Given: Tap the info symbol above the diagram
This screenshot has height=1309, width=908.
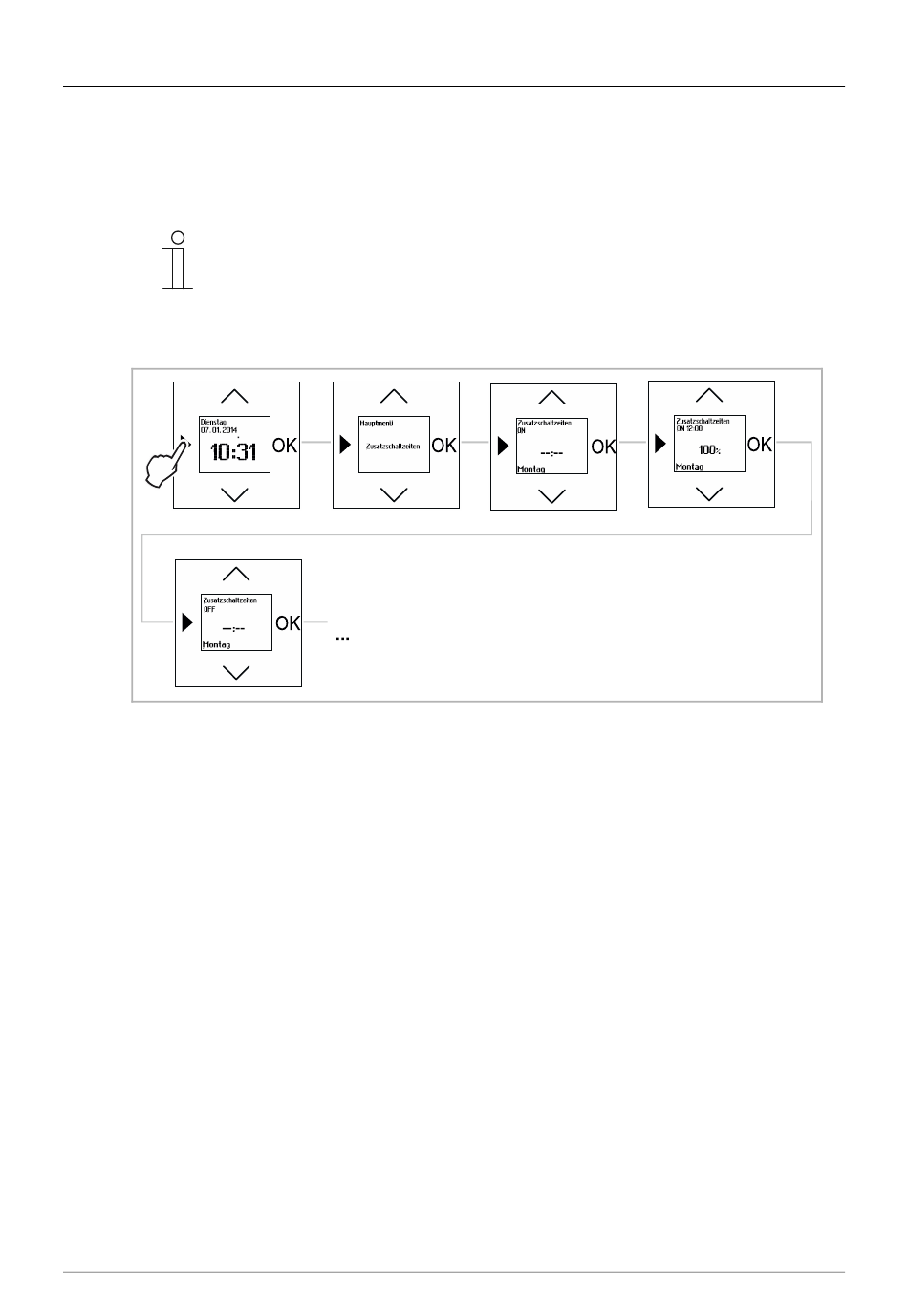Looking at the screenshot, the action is click(177, 260).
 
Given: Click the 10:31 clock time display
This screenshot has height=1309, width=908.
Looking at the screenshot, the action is click(234, 451).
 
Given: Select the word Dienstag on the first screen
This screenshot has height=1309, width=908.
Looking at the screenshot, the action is click(214, 422).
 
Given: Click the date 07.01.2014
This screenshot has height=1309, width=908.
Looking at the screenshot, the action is click(219, 430).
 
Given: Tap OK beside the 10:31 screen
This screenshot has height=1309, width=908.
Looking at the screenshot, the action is click(286, 445).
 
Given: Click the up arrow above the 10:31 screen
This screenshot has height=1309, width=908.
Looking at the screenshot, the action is click(234, 396).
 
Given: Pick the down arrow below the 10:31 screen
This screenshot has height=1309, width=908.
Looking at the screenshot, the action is click(234, 494).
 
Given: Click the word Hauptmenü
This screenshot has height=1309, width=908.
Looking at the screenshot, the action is click(377, 423).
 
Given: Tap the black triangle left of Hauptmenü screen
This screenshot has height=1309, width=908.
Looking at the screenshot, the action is click(345, 446).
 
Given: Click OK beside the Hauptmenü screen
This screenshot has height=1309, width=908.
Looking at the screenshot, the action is click(444, 446).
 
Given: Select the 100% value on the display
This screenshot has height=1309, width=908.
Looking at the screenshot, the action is click(708, 449).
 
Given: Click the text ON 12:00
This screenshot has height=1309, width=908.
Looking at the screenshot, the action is click(689, 429).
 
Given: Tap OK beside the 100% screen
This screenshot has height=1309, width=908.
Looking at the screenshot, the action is click(760, 444).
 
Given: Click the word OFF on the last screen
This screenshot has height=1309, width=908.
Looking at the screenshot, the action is click(210, 609).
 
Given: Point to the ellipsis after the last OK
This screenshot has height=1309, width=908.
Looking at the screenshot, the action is click(342, 637).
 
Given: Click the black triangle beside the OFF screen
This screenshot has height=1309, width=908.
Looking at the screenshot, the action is click(187, 622).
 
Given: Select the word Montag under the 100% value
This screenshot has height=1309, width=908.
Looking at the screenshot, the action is click(689, 468).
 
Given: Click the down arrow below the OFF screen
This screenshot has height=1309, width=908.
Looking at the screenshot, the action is click(236, 672).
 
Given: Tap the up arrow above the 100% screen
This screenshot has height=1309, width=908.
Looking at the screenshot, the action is click(708, 394).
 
